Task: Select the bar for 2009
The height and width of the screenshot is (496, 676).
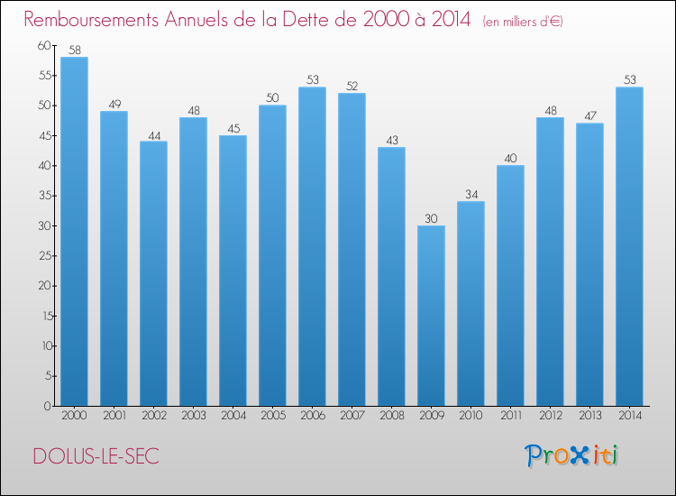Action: point(431,316)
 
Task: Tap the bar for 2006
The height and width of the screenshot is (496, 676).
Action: point(312,246)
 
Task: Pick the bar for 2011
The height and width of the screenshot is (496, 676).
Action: point(510,286)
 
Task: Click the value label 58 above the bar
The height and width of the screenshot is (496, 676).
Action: point(74,51)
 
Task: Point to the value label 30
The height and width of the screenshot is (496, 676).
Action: point(431,218)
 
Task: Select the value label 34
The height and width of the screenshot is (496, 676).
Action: point(470,194)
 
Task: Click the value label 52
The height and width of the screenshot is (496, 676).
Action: point(352,87)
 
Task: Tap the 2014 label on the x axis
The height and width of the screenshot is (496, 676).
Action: point(629,416)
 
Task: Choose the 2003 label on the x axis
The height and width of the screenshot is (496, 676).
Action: point(193,416)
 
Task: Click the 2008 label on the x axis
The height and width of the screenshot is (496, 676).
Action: point(391,416)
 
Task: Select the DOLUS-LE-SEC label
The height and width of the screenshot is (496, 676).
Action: point(96,456)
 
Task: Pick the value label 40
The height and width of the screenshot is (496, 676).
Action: point(510,158)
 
